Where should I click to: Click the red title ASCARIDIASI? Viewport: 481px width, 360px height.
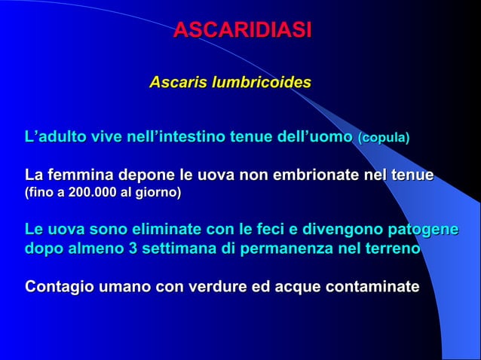[x=241, y=31]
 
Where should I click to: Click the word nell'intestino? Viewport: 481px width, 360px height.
[x=152, y=138]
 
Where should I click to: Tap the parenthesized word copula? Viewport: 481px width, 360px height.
[x=384, y=139]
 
